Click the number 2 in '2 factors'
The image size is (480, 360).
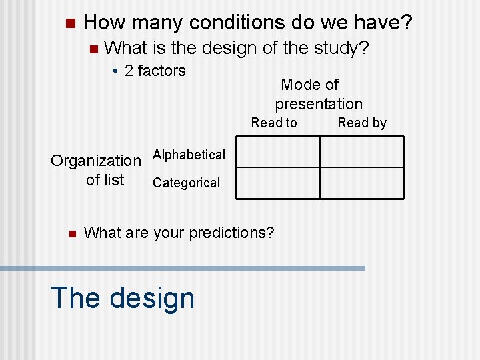129,71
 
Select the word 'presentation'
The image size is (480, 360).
319,104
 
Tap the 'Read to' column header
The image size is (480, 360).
274,123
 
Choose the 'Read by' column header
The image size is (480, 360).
362,123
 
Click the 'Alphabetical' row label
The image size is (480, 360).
189,155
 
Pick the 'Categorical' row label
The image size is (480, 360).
186,183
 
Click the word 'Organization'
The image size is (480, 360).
96,161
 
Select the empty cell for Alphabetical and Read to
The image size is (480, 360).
279,152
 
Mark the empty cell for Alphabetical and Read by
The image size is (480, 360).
362,152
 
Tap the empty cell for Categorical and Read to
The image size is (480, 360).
279,183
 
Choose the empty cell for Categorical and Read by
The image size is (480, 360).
362,183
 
